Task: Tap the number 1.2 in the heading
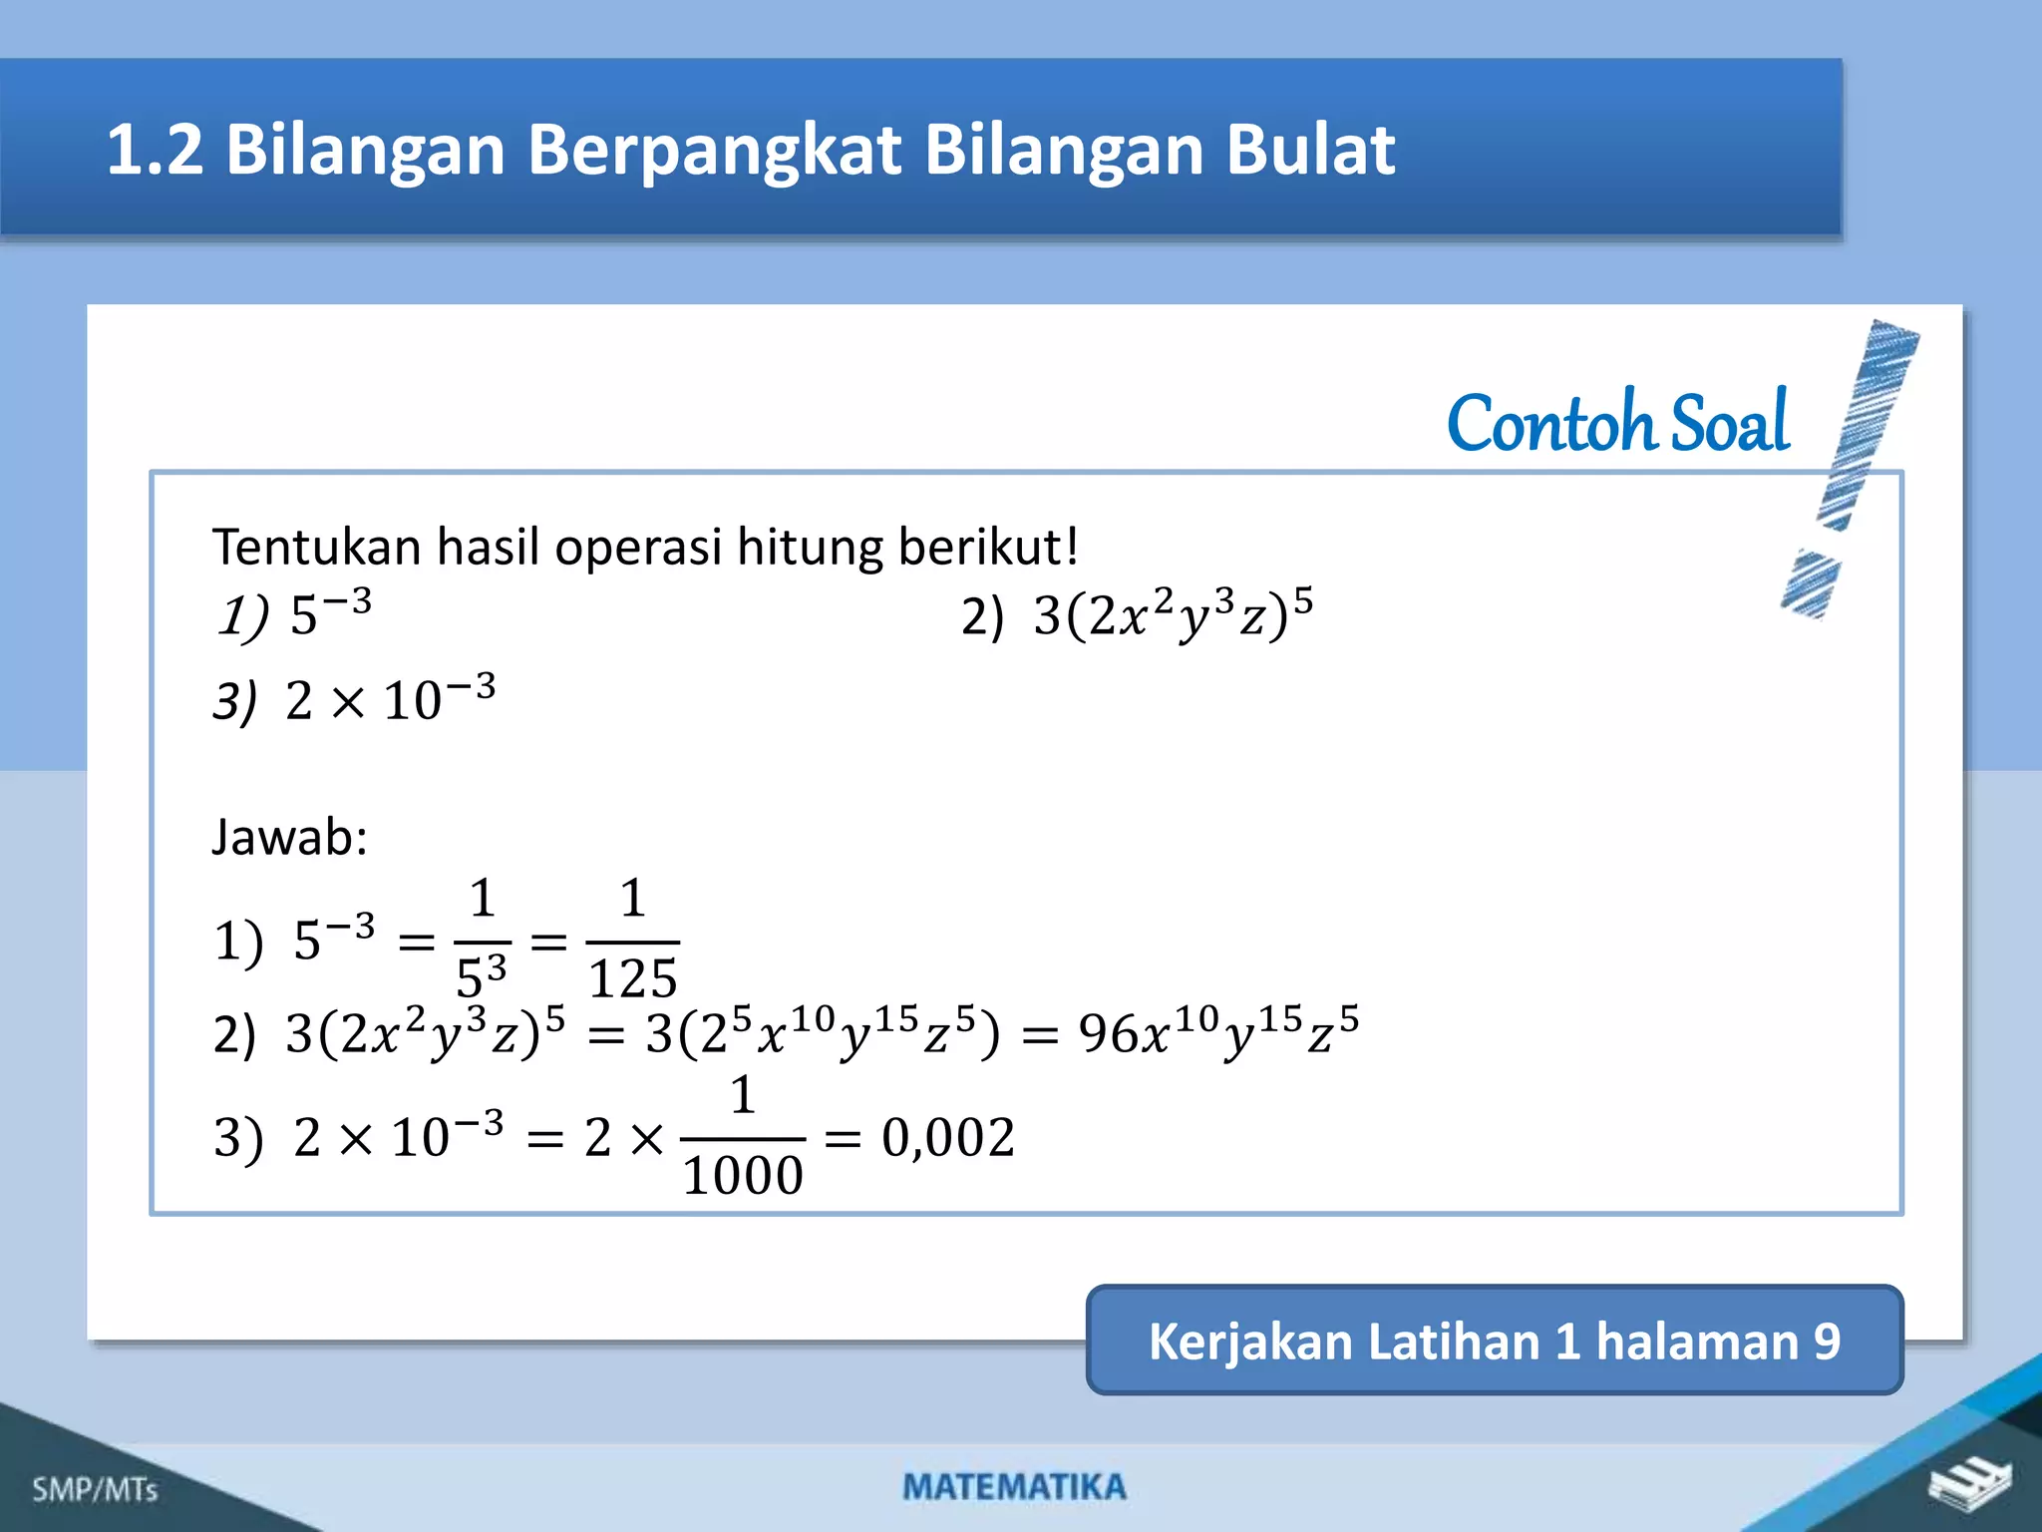[155, 150]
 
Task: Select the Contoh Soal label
[1617, 423]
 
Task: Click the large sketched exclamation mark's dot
[1810, 583]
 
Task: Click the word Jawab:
[289, 836]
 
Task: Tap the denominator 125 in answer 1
[633, 977]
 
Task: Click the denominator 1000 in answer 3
[743, 1175]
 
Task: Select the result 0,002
[948, 1137]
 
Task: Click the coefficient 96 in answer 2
[1108, 1033]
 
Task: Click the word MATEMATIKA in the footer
[1014, 1487]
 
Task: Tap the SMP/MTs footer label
[95, 1489]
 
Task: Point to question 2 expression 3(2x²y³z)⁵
[1172, 613]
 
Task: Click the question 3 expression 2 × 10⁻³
[389, 698]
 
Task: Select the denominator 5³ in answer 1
[482, 975]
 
